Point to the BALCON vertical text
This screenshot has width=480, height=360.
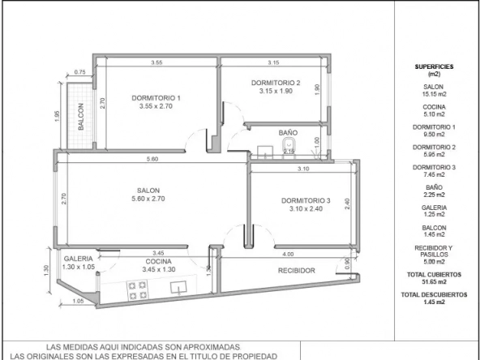tap(81, 117)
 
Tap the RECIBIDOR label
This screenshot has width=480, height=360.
tap(296, 271)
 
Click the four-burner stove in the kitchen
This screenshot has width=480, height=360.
tap(137, 290)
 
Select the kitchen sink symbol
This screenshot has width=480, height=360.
tap(179, 288)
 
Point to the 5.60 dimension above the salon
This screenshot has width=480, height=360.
tap(152, 159)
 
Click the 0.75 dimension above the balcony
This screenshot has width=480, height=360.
tap(80, 72)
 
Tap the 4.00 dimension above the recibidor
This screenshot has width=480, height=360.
tap(288, 254)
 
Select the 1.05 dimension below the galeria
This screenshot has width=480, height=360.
tap(79, 301)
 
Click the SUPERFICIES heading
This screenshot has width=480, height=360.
tap(434, 66)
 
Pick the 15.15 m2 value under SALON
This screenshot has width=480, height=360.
tap(434, 94)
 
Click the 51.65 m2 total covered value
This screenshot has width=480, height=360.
tap(434, 281)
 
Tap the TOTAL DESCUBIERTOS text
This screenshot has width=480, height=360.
tap(434, 295)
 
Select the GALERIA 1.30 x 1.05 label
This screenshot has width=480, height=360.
tap(79, 263)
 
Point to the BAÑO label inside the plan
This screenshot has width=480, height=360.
tap(288, 133)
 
